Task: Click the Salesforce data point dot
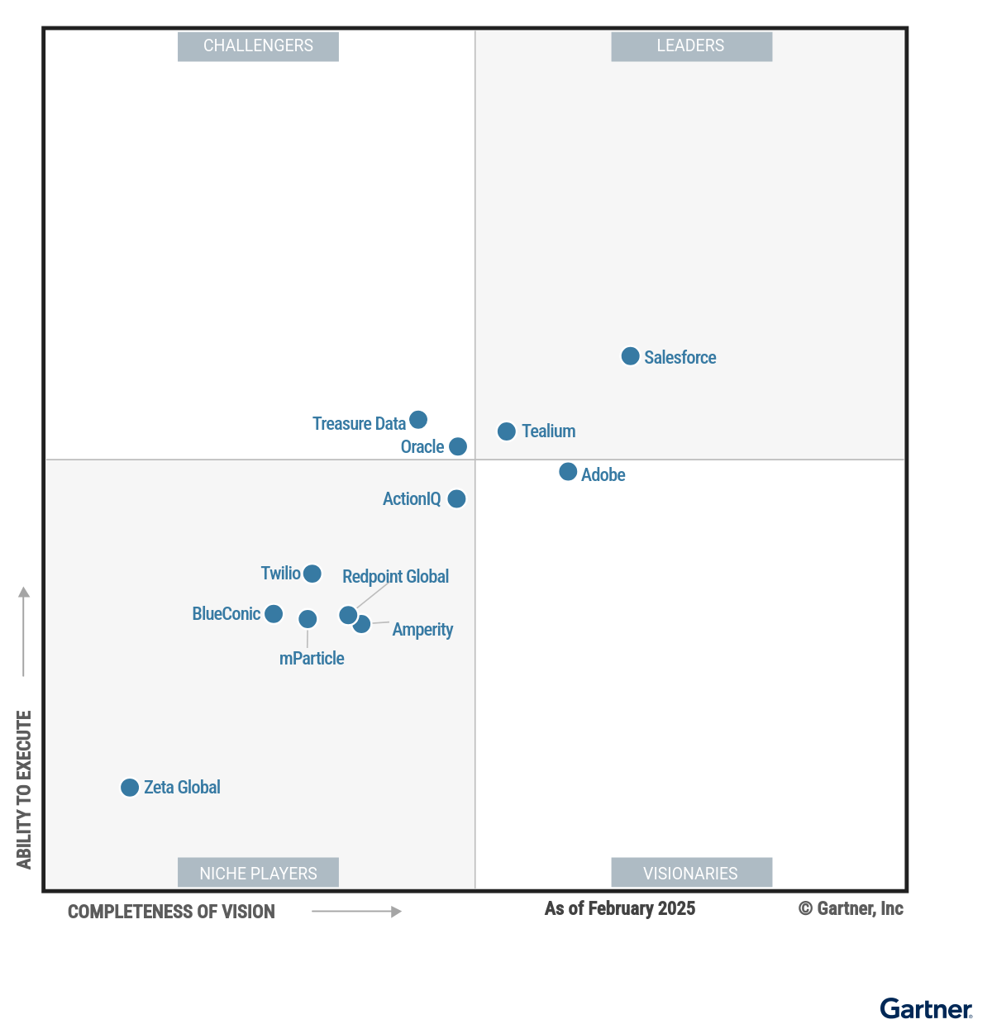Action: [x=630, y=356]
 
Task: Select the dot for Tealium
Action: [x=507, y=431]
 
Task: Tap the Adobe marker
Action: [x=568, y=472]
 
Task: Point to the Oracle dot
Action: [x=458, y=446]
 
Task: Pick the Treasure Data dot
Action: [x=418, y=420]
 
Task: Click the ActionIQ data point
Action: [x=456, y=499]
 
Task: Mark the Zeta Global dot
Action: [x=130, y=788]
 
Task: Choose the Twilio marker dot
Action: [x=312, y=574]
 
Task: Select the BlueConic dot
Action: [x=274, y=614]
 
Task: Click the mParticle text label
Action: [x=312, y=659]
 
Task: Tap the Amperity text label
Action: [x=422, y=630]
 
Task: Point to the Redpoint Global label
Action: [x=395, y=577]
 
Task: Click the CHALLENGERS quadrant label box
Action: [x=258, y=46]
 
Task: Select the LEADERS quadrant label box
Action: [x=691, y=46]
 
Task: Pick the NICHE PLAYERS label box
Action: [x=258, y=873]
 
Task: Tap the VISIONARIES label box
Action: [x=691, y=873]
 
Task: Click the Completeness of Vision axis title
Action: [x=171, y=912]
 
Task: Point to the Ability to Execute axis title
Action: [x=24, y=789]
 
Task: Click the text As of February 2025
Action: [x=620, y=909]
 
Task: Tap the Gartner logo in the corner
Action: [x=926, y=1009]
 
